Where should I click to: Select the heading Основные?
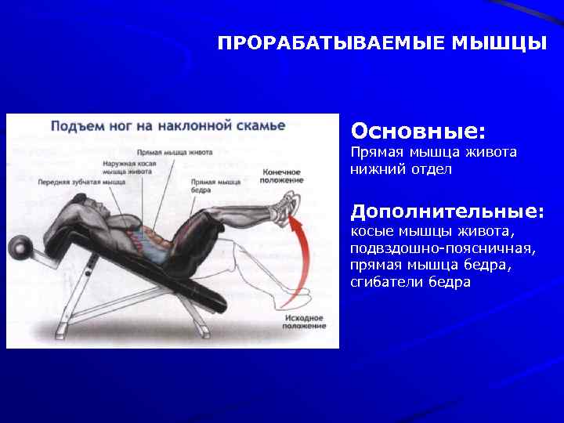418,128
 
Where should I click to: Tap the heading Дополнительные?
447,211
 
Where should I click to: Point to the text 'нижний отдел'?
401,169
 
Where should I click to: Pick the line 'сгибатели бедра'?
410,282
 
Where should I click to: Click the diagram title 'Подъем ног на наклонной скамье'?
168,125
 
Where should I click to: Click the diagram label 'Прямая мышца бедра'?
215,185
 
